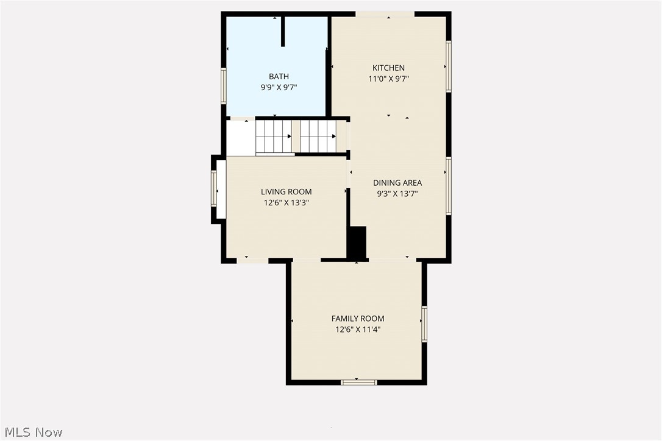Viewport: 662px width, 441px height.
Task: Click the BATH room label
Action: tap(279, 76)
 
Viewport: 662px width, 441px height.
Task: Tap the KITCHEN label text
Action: tap(388, 68)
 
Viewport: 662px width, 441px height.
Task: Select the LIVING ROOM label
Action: tap(287, 192)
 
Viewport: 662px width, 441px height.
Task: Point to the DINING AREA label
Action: tap(397, 183)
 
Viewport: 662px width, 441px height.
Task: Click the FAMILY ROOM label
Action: tap(358, 319)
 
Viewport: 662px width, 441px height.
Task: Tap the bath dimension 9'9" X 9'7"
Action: tap(279, 87)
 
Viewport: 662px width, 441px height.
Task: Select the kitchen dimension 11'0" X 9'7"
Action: tap(388, 79)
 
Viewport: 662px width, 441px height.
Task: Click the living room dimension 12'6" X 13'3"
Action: tap(287, 203)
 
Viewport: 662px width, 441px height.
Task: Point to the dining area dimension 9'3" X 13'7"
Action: tap(397, 194)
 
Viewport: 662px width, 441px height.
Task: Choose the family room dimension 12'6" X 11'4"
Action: tap(358, 330)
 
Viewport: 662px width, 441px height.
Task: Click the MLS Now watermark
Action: tap(34, 432)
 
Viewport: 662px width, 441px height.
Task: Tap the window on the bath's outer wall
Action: tap(224, 86)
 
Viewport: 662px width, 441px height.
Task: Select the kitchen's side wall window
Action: tap(449, 66)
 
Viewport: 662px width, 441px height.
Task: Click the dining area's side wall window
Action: tap(449, 186)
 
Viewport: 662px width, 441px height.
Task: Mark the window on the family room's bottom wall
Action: tap(359, 383)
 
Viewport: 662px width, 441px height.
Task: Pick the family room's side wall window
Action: tap(424, 324)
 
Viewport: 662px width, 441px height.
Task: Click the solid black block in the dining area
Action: tap(357, 242)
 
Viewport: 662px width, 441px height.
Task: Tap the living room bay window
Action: tap(214, 189)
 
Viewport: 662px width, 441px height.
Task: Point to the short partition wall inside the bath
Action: tap(283, 31)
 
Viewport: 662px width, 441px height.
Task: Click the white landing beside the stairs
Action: tap(241, 138)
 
